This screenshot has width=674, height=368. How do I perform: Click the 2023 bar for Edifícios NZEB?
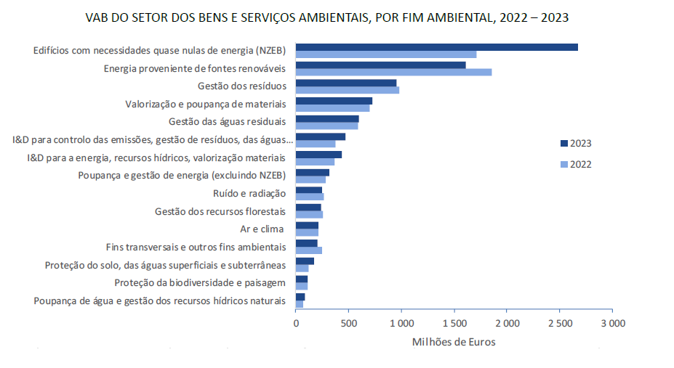pos(436,47)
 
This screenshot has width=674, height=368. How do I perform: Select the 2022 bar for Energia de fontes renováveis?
pos(393,72)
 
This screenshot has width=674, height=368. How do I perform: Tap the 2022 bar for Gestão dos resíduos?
pos(348,90)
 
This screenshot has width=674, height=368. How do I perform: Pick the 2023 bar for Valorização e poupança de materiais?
pos(334,101)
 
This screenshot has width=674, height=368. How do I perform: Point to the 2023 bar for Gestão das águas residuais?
pos(327,118)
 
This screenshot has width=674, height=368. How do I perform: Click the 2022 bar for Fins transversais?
pos(309,250)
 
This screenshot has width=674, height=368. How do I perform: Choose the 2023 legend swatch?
pos(563,143)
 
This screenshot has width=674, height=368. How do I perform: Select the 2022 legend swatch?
pos(563,164)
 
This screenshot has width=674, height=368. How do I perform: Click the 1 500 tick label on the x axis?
pos(454,323)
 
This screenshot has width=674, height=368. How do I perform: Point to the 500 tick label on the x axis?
pos(348,323)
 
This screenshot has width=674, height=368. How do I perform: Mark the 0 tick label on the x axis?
pos(296,323)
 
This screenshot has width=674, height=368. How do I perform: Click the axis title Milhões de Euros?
pos(454,342)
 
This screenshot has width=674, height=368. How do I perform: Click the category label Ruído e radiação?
pos(249,194)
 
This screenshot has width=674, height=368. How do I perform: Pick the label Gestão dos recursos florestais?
pos(220,211)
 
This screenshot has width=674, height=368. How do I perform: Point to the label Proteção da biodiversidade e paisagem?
pos(200,282)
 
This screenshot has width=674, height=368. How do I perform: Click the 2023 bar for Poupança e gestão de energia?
pos(313,172)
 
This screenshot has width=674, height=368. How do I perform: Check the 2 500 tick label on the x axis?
pos(559,323)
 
